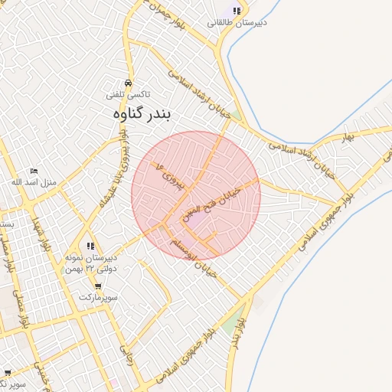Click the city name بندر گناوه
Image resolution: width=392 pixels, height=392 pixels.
click(144, 113)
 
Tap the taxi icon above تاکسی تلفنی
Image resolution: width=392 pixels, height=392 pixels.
click(128, 82)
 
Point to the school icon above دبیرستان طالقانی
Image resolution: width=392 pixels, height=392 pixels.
click(237, 11)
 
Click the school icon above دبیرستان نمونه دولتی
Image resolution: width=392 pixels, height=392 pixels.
click(91, 246)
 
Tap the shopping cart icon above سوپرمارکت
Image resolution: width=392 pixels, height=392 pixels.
click(97, 286)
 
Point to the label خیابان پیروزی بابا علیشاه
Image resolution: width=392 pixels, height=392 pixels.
click(123, 161)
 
